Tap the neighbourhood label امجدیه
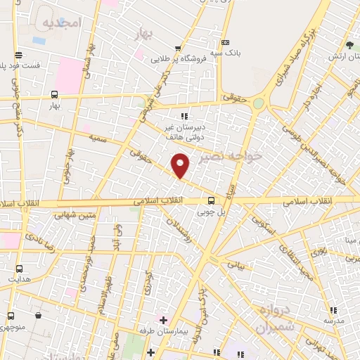click(63, 23)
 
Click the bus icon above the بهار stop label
click(55, 94)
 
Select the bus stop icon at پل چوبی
click(211, 200)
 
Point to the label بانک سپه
click(229, 52)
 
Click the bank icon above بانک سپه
click(224, 41)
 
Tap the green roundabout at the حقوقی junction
click(259, 103)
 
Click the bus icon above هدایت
click(19, 269)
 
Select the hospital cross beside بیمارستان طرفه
click(163, 319)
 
